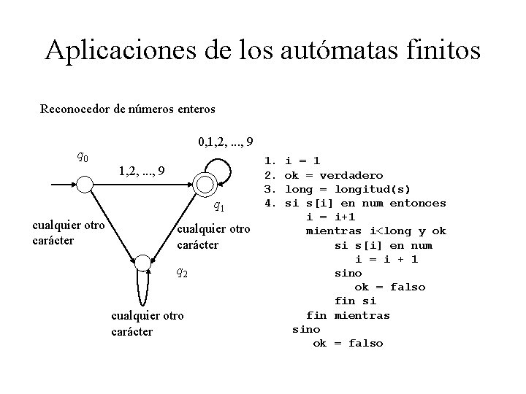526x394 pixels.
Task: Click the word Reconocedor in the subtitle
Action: click(x=74, y=109)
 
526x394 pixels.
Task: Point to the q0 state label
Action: click(x=83, y=156)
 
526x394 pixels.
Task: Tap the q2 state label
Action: click(x=183, y=274)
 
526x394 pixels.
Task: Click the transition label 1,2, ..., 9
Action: click(x=142, y=171)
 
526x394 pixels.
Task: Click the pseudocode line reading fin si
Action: click(x=355, y=301)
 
